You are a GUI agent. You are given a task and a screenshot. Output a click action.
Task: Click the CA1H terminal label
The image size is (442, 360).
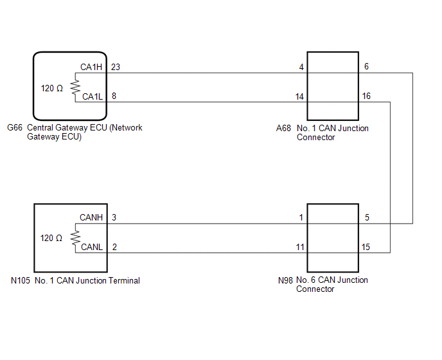pos(92,67)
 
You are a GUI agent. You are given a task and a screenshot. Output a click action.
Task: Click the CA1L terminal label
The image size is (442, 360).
pos(92,97)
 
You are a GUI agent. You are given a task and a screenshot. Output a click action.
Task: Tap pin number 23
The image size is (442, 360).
pos(115,67)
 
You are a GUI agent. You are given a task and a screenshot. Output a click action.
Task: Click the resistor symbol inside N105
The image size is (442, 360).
pos(74,238)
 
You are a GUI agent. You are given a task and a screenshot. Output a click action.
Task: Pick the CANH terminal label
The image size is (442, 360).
pos(92,218)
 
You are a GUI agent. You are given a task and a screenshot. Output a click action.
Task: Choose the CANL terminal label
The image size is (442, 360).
pos(92,248)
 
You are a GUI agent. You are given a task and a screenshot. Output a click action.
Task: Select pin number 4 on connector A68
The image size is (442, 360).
pos(301,67)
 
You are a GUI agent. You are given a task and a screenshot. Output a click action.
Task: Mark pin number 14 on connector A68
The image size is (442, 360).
pos(299,97)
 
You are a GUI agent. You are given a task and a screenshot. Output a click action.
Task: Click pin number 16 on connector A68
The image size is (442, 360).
pos(366,97)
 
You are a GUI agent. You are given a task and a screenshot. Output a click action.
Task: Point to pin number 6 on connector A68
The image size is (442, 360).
pos(366,67)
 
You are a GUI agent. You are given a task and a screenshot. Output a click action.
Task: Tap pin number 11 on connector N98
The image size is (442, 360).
pos(299,248)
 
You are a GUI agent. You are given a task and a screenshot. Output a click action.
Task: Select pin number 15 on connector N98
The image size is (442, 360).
pos(366,248)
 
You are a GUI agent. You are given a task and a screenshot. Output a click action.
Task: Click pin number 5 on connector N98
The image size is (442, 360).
pos(366,218)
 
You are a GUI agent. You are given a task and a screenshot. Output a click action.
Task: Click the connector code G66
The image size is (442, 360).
pos(14,128)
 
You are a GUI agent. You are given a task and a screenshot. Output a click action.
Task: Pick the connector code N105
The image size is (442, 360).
pos(19,280)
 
